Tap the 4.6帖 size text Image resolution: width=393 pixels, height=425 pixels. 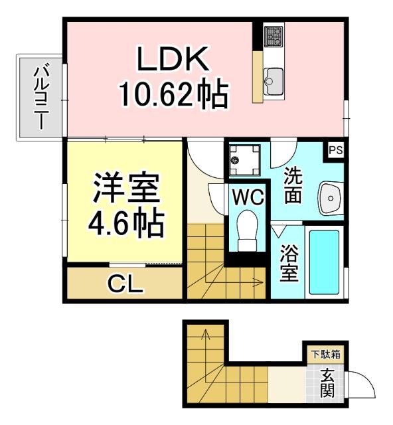point(126,224)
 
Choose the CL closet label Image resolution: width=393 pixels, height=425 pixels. point(125,286)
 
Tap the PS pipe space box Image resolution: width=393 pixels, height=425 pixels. point(335,149)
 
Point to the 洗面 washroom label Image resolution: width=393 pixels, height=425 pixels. point(294,185)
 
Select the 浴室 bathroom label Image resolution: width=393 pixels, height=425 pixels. point(288,262)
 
